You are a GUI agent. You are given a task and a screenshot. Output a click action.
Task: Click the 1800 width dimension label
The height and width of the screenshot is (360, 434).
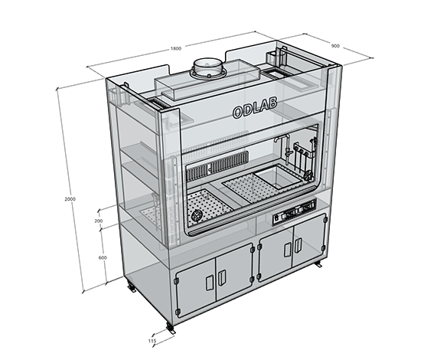[x=176, y=49]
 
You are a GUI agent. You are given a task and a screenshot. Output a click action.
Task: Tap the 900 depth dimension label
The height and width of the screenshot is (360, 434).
[x=335, y=46]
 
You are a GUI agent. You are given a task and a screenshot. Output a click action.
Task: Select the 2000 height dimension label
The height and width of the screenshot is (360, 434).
[x=70, y=199]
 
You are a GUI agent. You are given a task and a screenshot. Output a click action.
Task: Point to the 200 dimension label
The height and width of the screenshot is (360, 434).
[x=98, y=221]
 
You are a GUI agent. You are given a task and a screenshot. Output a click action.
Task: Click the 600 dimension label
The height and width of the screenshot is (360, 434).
[x=103, y=257]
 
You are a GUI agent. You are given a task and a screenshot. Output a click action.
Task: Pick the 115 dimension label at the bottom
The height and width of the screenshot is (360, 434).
[x=152, y=341]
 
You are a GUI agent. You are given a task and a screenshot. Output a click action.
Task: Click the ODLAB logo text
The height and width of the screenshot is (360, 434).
[x=255, y=108]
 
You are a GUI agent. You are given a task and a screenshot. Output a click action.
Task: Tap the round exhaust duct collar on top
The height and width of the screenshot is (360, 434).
[x=208, y=68]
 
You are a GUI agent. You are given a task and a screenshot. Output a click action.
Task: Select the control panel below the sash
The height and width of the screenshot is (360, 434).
[x=294, y=212]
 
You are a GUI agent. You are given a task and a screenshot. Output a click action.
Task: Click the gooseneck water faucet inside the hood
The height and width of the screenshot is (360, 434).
[x=285, y=148]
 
